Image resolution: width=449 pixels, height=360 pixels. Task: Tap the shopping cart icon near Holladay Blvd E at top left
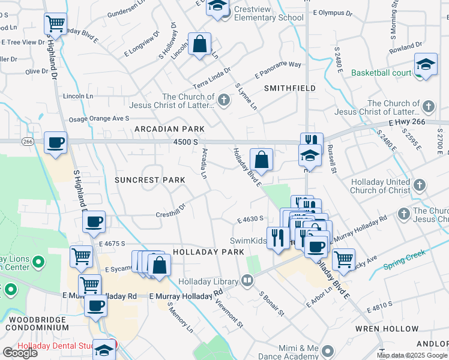55,24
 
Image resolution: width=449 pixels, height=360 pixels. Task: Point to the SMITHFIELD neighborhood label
290,88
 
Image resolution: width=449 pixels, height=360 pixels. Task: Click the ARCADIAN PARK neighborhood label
169,129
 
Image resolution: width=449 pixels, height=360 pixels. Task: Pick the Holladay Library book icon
247,279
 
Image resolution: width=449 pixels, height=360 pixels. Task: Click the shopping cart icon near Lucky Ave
343,259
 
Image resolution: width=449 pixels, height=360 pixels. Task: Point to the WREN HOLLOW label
396,329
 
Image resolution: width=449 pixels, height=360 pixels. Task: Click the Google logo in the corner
20,353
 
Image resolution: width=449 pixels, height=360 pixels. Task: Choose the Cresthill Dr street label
171,213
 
